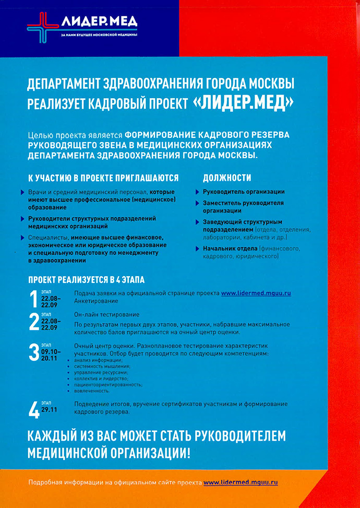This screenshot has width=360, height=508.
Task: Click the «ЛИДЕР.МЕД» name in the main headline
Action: click(x=243, y=102)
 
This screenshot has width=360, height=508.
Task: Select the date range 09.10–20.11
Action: click(x=51, y=355)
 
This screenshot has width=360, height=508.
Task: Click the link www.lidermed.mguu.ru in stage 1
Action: click(x=256, y=293)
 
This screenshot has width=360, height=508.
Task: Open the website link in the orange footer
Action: click(x=241, y=482)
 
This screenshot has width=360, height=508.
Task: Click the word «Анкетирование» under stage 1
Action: click(x=96, y=301)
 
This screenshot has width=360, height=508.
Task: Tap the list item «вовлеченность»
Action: click(x=92, y=391)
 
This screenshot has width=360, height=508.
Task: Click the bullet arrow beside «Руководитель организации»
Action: click(x=198, y=192)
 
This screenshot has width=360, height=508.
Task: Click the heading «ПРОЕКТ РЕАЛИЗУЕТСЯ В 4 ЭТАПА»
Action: click(x=86, y=279)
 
